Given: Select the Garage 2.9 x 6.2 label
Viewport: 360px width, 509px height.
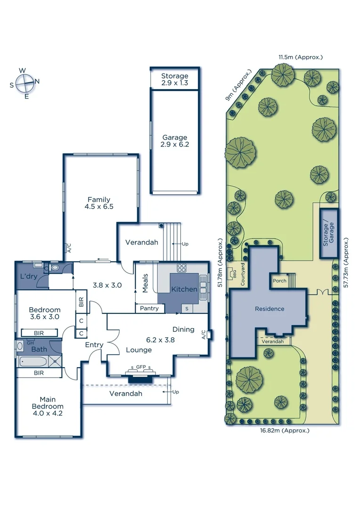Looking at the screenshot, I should (174, 141).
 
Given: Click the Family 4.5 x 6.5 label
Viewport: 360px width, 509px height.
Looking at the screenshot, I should (98, 203).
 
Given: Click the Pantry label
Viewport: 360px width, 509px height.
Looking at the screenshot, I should (150, 309).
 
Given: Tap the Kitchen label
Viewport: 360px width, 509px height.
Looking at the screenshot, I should (184, 289).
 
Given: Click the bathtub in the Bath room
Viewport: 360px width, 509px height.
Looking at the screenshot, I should (33, 362).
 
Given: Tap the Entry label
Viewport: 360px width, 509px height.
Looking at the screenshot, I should (94, 345).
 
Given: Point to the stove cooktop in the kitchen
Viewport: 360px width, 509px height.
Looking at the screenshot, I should (182, 268).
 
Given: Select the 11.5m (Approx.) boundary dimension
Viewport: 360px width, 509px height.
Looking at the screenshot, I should (300, 57).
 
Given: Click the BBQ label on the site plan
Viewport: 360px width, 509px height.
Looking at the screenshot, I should (233, 272).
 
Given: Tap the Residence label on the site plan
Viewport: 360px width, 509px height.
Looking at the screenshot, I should (270, 309).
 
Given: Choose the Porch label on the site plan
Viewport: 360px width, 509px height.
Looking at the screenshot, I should (279, 281).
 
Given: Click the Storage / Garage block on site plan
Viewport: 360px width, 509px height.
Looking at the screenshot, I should (328, 233).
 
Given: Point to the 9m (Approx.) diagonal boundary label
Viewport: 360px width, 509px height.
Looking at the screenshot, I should (239, 86).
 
